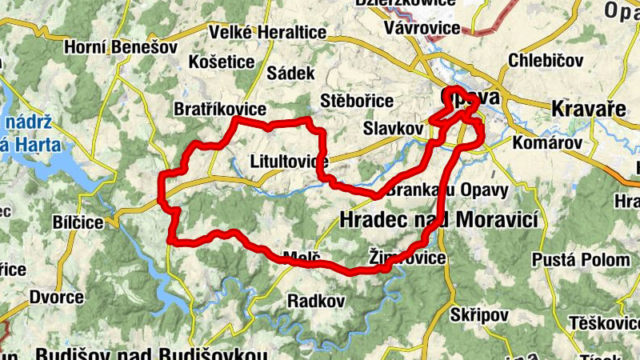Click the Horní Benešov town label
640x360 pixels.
tap(121, 47)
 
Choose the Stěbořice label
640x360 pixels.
tap(356, 102)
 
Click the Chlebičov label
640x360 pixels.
tap(546, 61)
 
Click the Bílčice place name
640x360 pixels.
tap(78, 222)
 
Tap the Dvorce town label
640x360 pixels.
tap(56, 298)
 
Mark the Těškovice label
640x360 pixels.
tap(606, 324)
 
